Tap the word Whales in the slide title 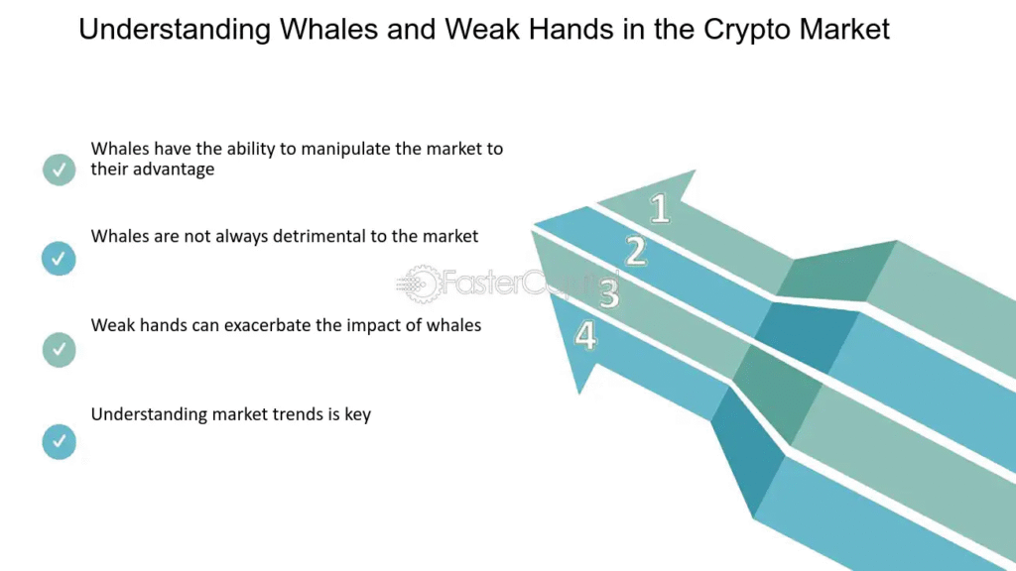328,29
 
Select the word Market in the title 844,29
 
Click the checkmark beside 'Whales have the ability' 59,170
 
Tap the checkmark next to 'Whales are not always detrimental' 59,259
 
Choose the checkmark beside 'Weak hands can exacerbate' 59,350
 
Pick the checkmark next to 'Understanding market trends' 59,441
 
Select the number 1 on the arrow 660,208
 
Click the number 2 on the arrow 636,251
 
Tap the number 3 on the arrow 609,293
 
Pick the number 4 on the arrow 585,335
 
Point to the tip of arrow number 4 579,394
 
